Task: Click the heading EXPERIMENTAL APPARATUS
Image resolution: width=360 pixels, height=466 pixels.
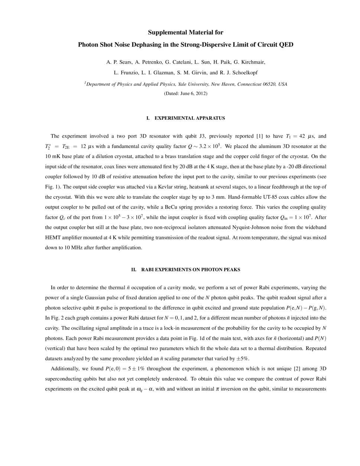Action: [189, 118]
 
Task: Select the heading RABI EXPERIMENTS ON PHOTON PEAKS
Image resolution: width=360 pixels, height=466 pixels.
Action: [191, 270]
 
